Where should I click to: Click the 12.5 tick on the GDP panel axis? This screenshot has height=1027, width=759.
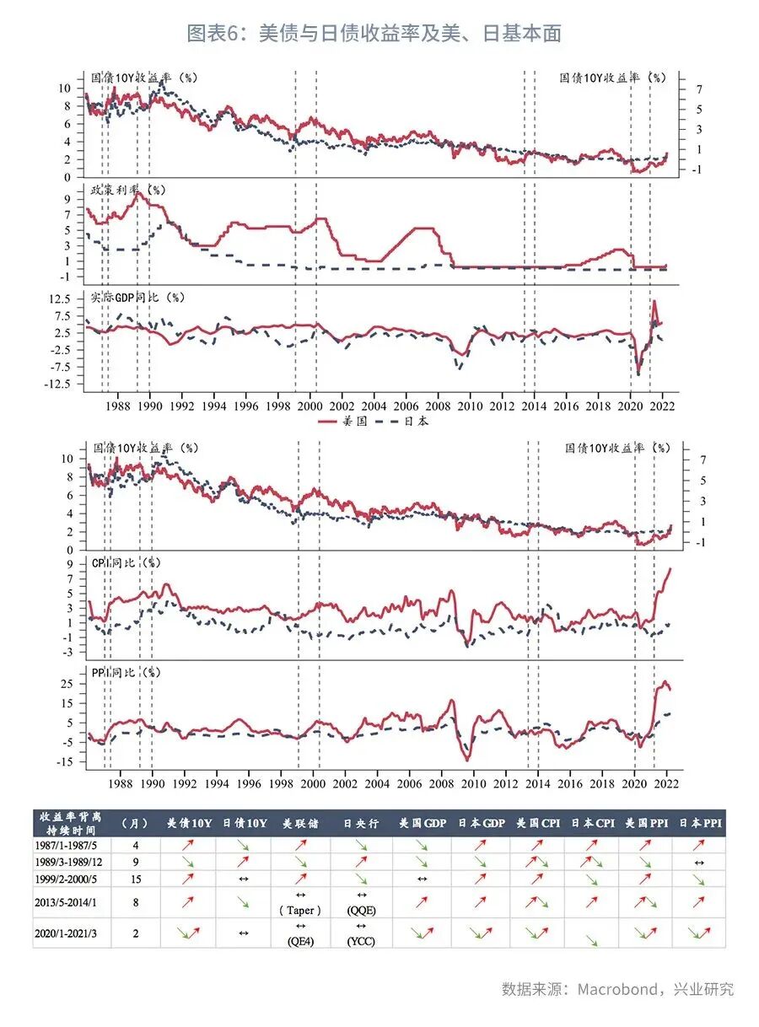click(x=61, y=299)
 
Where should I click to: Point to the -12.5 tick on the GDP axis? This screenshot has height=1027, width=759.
click(x=59, y=384)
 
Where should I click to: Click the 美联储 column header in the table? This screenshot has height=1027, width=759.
click(x=300, y=823)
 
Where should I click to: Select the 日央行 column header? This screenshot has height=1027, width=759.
click(x=361, y=823)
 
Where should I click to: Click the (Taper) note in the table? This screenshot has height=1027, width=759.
click(x=300, y=910)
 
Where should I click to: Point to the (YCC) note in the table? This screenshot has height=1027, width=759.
click(x=361, y=941)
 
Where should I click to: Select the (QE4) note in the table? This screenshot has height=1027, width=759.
click(x=300, y=941)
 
